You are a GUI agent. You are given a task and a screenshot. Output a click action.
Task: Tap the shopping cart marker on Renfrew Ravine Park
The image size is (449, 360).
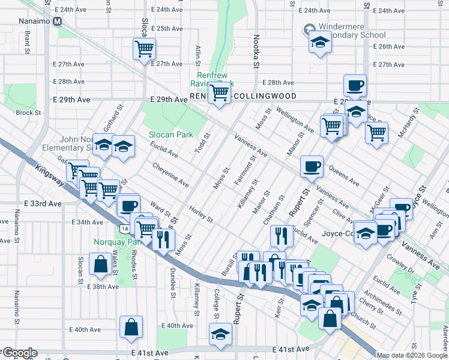219,93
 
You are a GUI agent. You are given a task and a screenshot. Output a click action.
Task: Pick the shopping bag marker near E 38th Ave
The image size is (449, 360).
99,263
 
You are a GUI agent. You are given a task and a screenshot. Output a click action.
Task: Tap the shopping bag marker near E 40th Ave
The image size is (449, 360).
131,327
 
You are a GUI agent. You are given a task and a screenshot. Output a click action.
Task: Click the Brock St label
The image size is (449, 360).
28,112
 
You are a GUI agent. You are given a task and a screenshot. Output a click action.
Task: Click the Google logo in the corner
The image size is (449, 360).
19,353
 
